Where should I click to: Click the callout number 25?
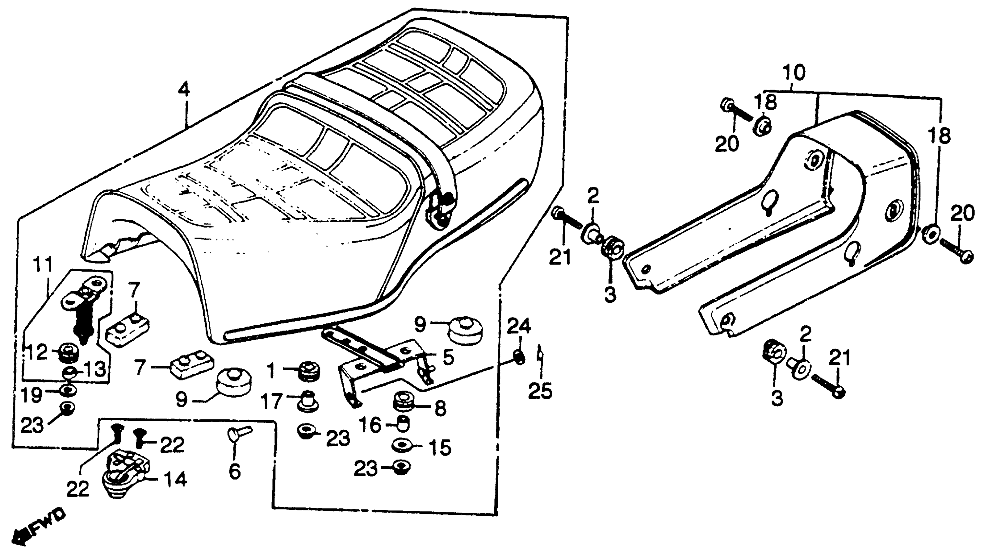(x=540, y=391)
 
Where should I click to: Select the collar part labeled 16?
(x=402, y=424)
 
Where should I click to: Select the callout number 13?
(x=94, y=370)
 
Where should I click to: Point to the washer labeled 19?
(x=68, y=391)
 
